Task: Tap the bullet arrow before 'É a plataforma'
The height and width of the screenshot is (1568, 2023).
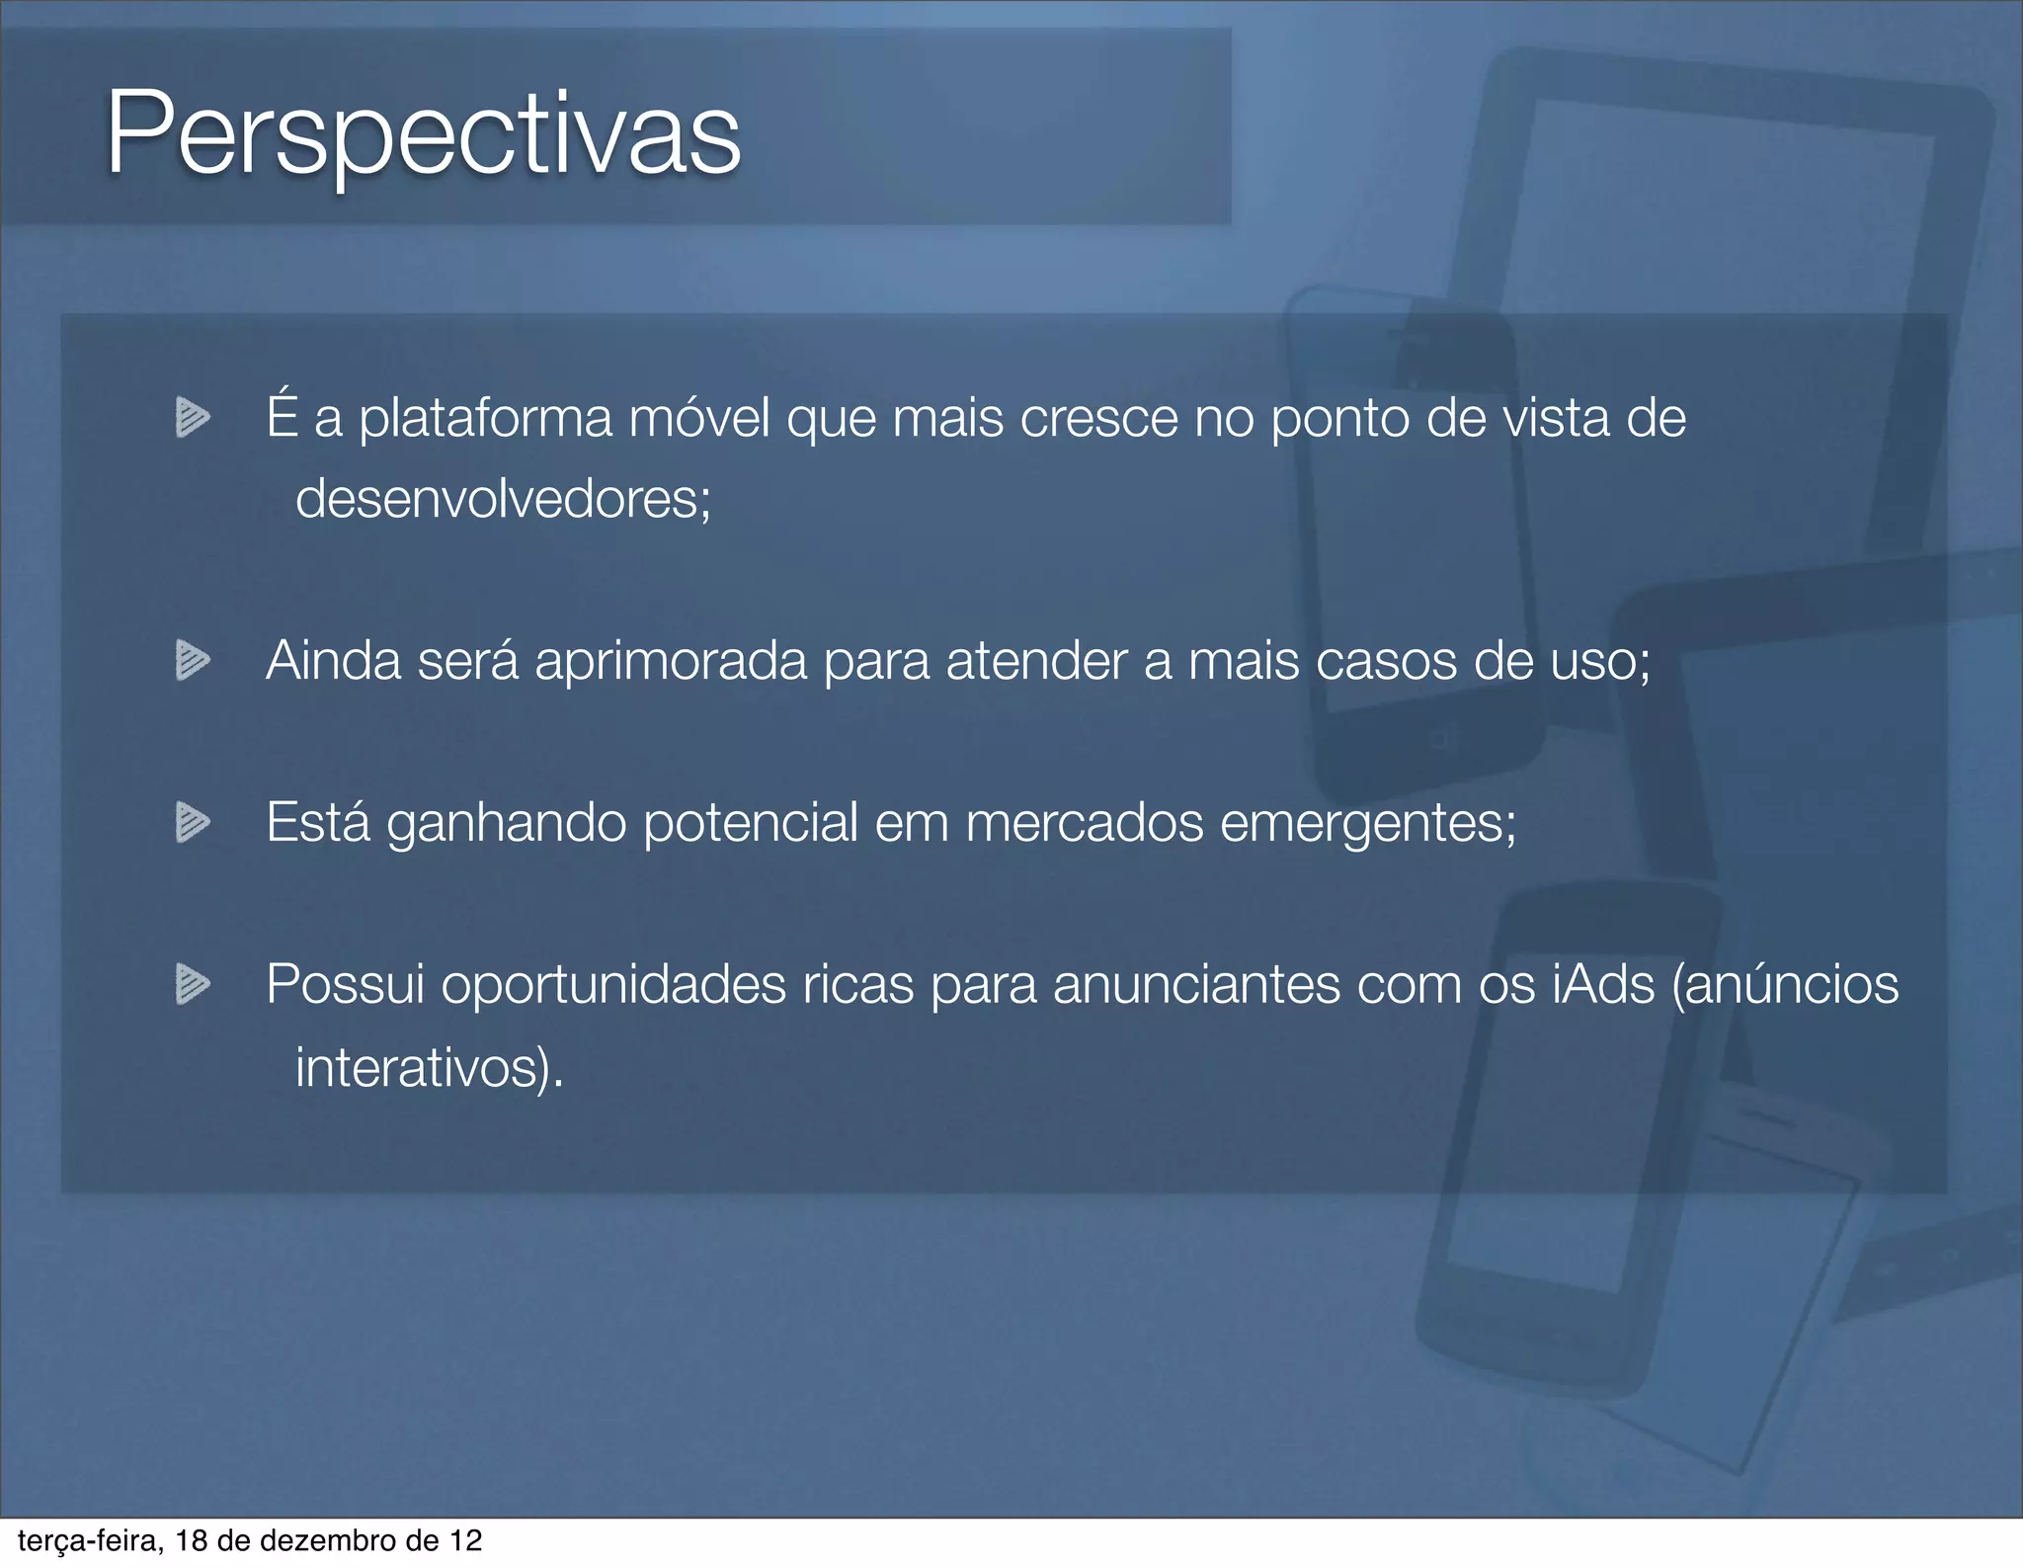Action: tap(193, 417)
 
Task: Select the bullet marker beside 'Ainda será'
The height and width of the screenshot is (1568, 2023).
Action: tap(193, 660)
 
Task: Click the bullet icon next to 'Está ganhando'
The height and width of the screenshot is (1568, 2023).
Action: tap(193, 822)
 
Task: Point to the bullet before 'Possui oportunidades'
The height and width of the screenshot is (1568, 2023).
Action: tap(193, 984)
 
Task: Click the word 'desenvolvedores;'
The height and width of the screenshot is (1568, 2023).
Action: tap(503, 498)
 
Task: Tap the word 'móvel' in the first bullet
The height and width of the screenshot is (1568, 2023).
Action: tap(699, 417)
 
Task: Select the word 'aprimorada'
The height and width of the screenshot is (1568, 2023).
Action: tap(671, 660)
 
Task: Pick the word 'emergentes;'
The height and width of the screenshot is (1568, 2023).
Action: tap(1368, 822)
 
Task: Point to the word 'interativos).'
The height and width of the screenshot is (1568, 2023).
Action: tap(430, 1067)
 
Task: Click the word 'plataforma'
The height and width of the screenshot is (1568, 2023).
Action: tap(485, 417)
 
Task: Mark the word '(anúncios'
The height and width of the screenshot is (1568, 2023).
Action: tap(1785, 984)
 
